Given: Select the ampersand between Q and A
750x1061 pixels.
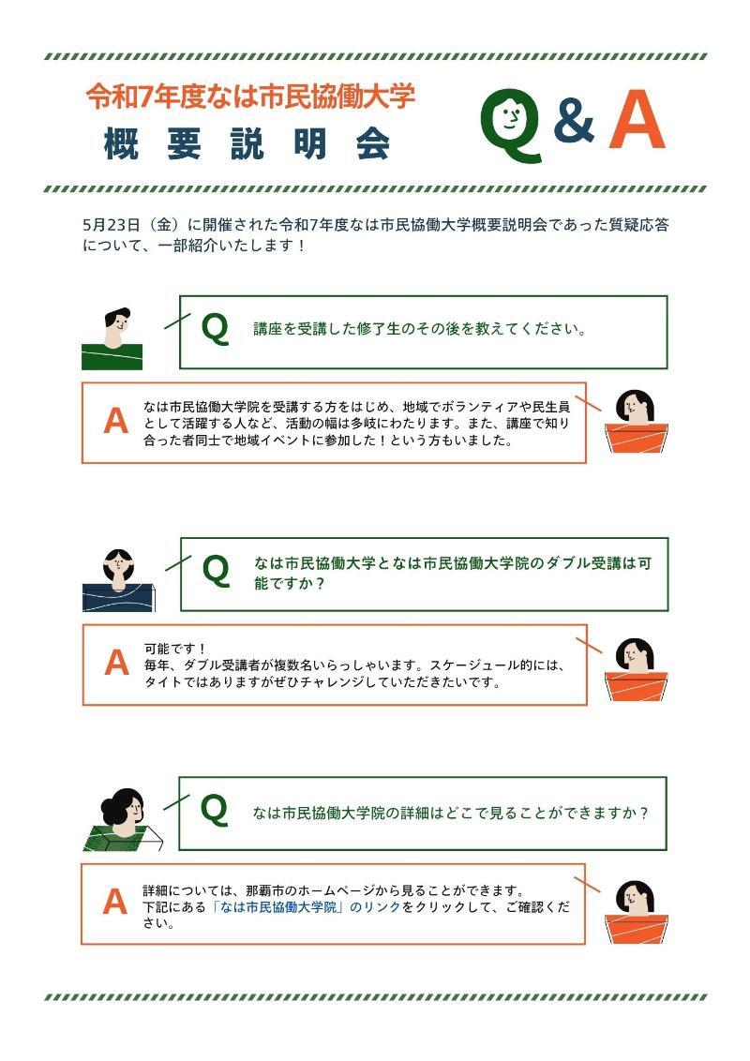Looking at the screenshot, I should tap(574, 123).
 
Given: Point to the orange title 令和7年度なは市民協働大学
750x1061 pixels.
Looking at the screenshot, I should tap(250, 96).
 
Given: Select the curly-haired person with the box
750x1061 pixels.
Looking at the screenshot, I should tap(119, 819).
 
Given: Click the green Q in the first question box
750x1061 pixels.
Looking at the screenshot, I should tap(215, 329).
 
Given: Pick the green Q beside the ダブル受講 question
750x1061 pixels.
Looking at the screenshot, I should tap(216, 570).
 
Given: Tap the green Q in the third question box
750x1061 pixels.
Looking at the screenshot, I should tap(215, 810).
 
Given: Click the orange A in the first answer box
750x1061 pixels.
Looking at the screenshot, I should tap(115, 422).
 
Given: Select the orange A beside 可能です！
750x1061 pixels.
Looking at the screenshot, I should tap(116, 663).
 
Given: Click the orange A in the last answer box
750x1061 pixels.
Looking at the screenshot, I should tap(114, 903).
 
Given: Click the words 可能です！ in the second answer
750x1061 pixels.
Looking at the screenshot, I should tap(174, 649).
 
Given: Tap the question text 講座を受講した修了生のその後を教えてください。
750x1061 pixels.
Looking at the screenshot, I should tap(420, 330).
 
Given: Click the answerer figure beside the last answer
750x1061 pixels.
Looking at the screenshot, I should tap(635, 911).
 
